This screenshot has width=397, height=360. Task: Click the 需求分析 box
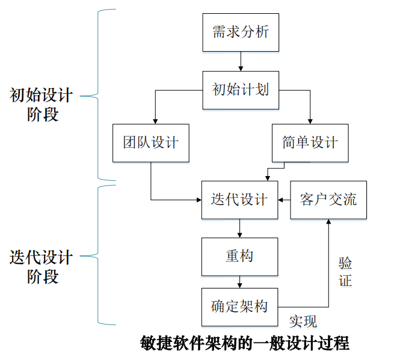point(240,31)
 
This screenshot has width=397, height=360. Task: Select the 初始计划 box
point(240,90)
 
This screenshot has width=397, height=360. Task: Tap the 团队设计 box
point(150,143)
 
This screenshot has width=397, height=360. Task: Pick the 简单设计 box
point(310,143)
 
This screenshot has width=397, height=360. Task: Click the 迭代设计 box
point(239,200)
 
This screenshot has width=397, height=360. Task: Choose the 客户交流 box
point(328,200)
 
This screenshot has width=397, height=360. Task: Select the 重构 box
point(239,257)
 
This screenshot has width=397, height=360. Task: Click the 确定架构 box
point(239,307)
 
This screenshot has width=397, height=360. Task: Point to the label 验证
point(345,272)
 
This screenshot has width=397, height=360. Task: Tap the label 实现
point(303,320)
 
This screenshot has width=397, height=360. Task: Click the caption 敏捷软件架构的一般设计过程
point(244,344)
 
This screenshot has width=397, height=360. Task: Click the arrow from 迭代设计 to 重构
point(239,228)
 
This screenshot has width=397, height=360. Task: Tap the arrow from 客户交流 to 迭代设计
point(284,200)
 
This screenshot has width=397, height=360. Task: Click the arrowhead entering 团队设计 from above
point(155,120)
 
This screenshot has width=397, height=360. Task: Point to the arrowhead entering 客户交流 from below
point(328,222)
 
